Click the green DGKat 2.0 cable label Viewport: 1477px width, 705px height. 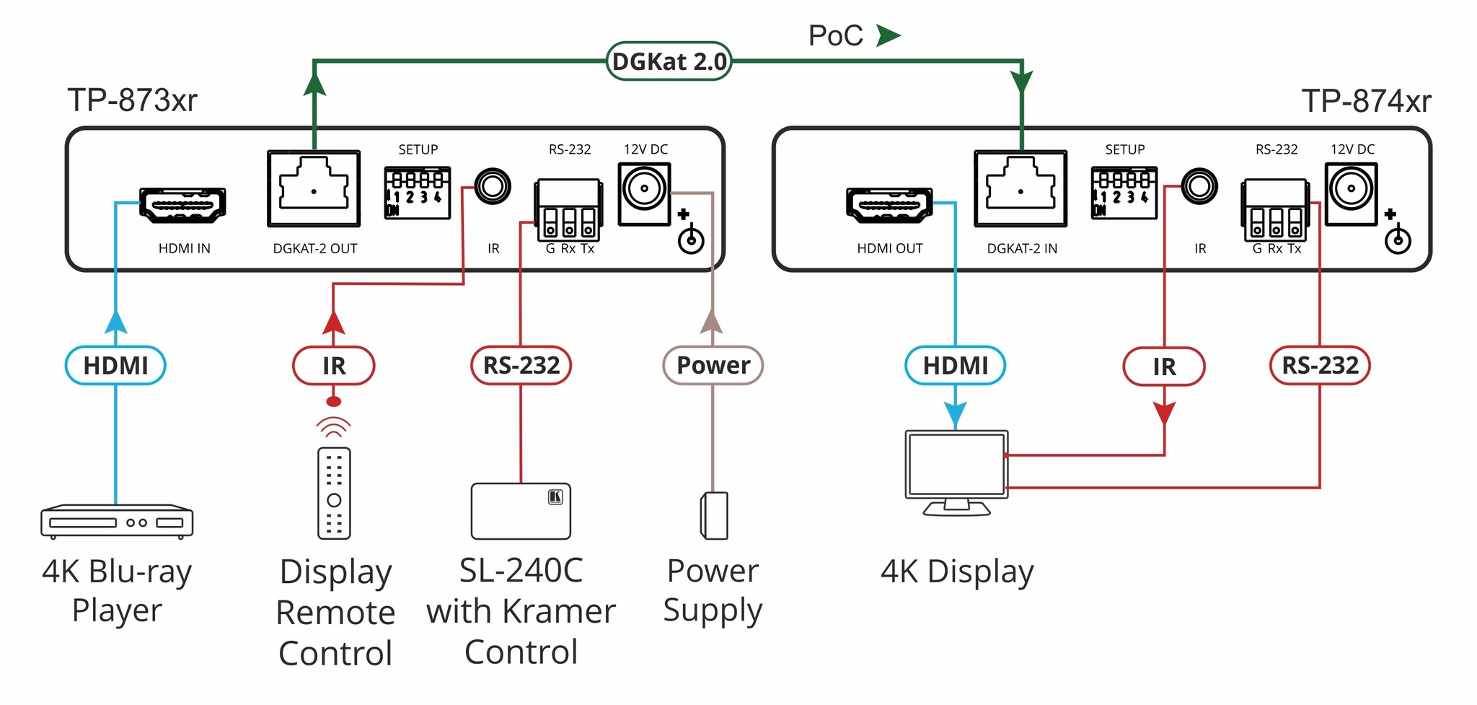click(x=669, y=61)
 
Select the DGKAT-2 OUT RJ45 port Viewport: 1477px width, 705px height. click(x=314, y=189)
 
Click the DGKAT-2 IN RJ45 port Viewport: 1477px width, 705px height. click(x=1020, y=189)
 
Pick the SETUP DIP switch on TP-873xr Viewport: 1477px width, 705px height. click(x=418, y=193)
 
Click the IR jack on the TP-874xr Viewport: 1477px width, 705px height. click(x=1199, y=187)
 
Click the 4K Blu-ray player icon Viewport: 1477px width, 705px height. click(x=117, y=521)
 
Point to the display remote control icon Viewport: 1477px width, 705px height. click(x=334, y=494)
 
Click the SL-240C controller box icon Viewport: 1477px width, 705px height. click(x=521, y=511)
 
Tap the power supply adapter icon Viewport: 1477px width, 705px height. click(x=714, y=515)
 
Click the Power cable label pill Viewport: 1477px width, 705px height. click(x=713, y=365)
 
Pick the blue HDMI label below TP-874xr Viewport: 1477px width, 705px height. click(x=955, y=365)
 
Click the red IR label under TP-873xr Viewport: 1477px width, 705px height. click(x=333, y=366)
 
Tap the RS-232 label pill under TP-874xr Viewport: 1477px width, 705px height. click(x=1319, y=365)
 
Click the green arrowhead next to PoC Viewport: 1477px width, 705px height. click(x=888, y=35)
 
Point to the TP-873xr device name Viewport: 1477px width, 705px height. click(x=133, y=100)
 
